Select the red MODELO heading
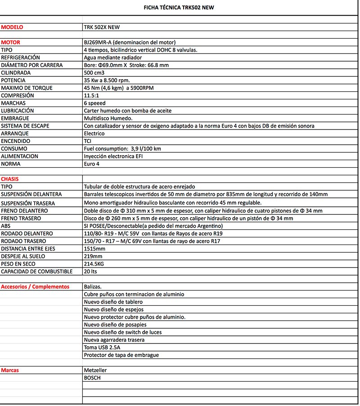click(12, 27)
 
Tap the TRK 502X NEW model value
click(102, 27)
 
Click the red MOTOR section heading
click(11, 43)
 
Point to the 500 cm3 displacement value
click(94, 73)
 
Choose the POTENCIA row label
click(13, 80)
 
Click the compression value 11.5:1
click(92, 96)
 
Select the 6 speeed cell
click(95, 103)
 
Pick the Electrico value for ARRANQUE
click(94, 134)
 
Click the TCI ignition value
click(88, 141)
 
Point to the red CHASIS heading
click(10, 179)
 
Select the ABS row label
click(6, 226)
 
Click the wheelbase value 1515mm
click(94, 249)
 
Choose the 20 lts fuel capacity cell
click(90, 272)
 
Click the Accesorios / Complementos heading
click(36, 287)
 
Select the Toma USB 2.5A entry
click(102, 348)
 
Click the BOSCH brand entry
click(92, 378)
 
